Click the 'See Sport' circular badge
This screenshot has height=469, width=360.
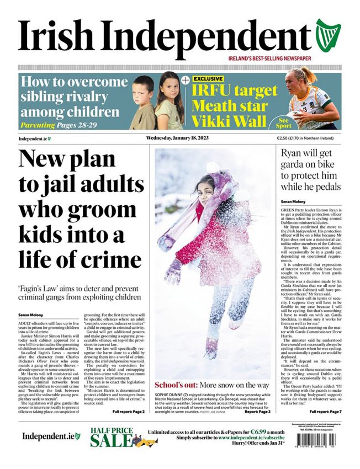click(x=284, y=121)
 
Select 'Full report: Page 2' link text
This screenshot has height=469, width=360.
click(x=128, y=412)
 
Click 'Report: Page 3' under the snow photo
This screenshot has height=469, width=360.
click(x=257, y=412)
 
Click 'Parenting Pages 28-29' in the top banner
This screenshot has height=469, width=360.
click(x=59, y=125)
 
